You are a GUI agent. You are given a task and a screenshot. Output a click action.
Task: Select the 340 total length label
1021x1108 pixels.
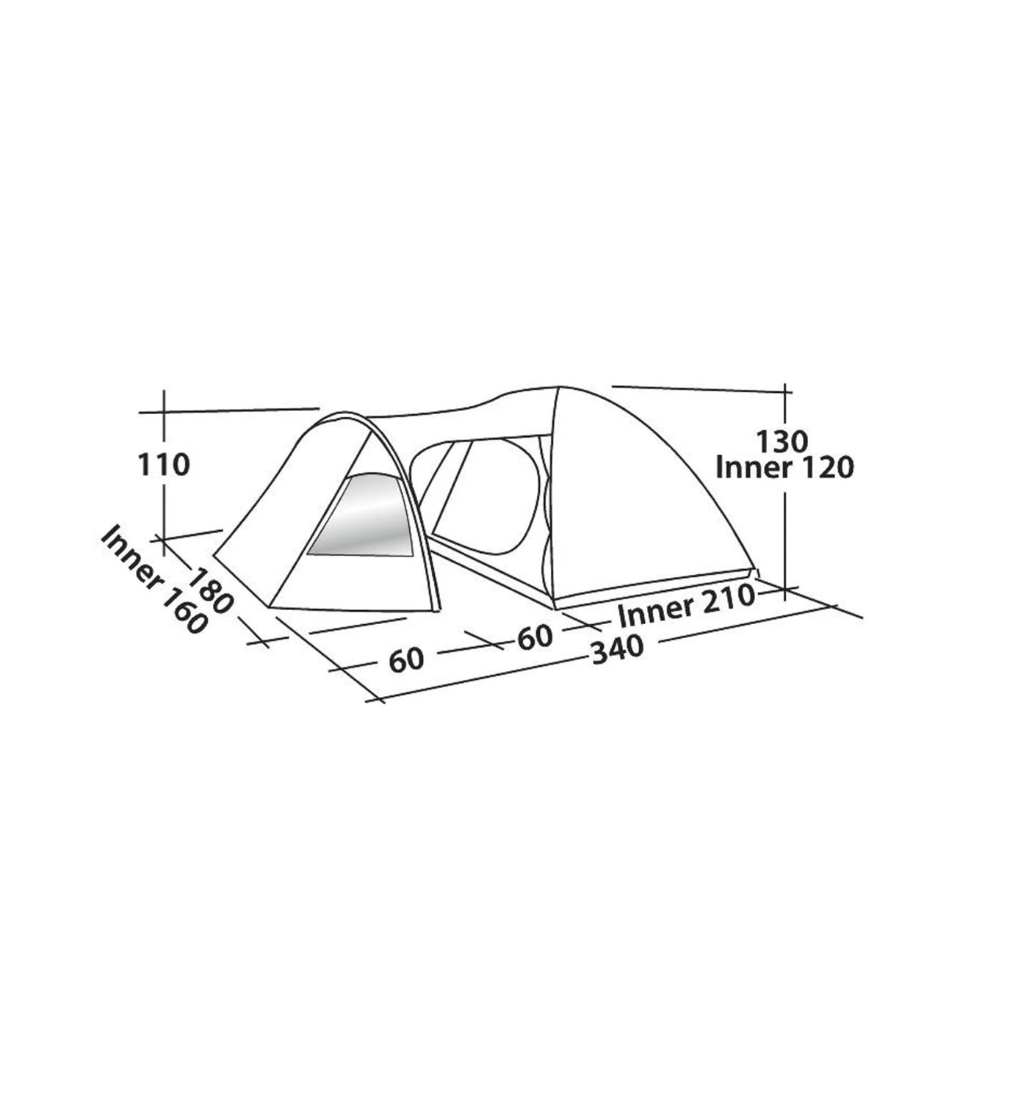click(x=618, y=648)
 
